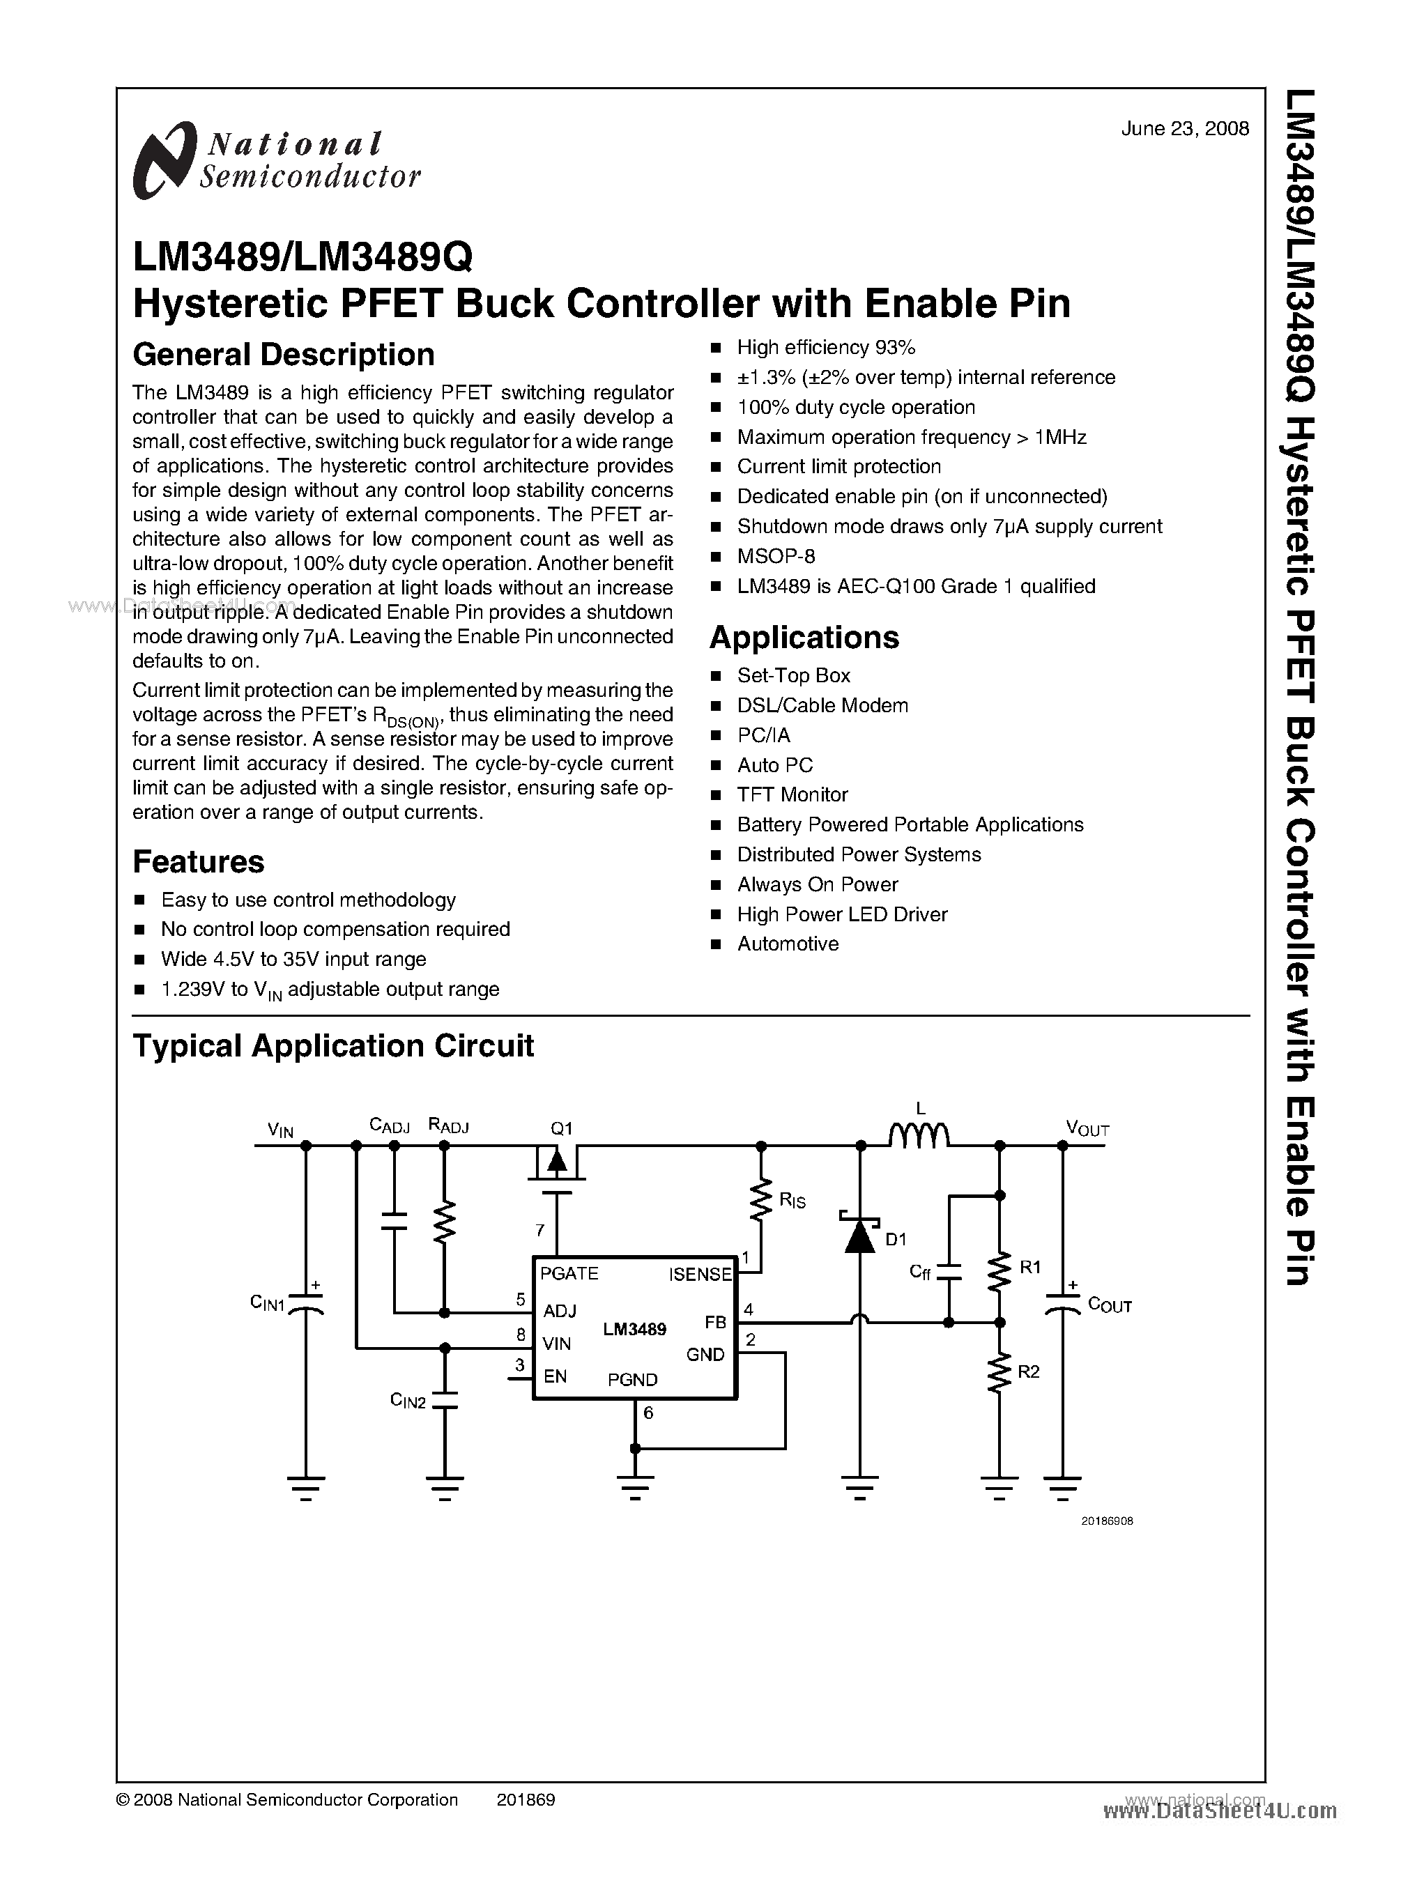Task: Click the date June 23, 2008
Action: click(1184, 129)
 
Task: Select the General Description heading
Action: click(283, 354)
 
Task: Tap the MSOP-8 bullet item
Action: click(775, 557)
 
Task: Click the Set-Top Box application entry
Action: click(793, 676)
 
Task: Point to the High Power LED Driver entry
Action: click(841, 914)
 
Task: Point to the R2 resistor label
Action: click(1029, 1371)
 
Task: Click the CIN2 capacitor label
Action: click(408, 1401)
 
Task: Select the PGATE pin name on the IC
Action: click(569, 1274)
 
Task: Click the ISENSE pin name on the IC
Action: click(700, 1275)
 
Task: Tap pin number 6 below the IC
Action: click(648, 1412)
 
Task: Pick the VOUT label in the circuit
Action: click(1087, 1129)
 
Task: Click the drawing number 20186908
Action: click(1107, 1521)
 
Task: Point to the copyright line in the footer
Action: click(286, 1799)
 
